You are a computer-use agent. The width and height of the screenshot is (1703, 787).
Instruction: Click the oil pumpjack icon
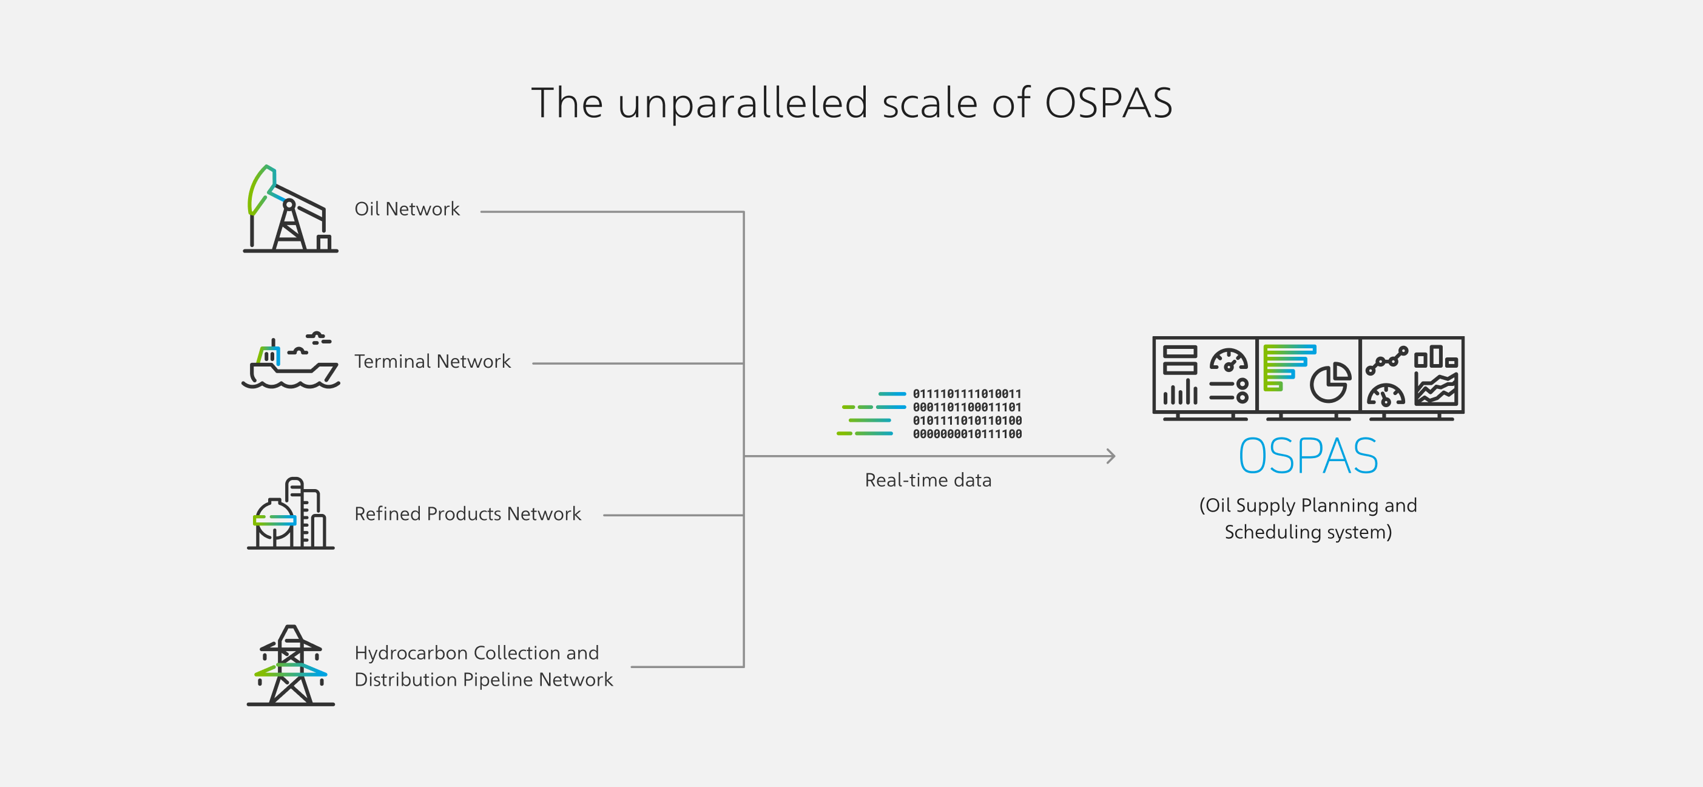(290, 209)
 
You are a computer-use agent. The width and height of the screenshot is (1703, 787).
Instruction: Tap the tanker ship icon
(291, 360)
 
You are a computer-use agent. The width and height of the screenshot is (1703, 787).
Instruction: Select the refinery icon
(291, 513)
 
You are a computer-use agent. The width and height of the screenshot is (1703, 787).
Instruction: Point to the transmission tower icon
(291, 665)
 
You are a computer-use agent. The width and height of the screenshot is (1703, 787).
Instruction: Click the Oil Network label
(407, 209)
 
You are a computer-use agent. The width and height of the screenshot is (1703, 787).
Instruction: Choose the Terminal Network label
(433, 361)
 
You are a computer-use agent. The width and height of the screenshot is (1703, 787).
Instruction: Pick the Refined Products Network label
(468, 513)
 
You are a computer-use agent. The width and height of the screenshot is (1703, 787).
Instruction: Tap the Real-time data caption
(928, 480)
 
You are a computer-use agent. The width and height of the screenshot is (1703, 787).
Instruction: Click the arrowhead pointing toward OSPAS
(1112, 456)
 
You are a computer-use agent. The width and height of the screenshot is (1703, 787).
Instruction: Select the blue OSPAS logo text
(1308, 456)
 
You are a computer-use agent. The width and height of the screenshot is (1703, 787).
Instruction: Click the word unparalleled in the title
(743, 103)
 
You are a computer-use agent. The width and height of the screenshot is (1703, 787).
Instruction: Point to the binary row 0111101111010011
(967, 393)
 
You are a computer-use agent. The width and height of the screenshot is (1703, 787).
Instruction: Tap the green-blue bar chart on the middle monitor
(1289, 368)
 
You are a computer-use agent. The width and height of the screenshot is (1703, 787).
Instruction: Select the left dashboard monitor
(1204, 377)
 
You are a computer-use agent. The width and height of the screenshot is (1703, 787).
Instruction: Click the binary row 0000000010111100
(967, 434)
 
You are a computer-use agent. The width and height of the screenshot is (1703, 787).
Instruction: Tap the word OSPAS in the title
(1108, 103)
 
